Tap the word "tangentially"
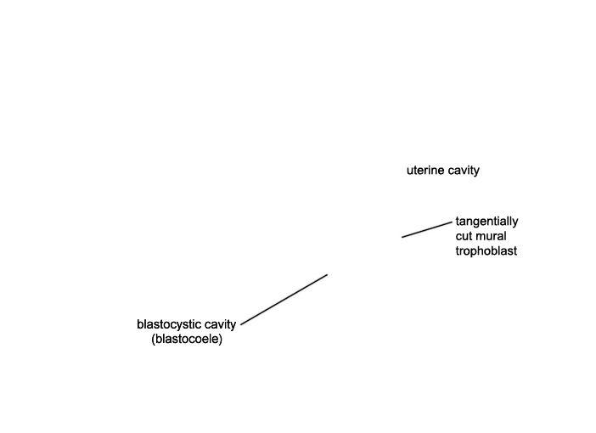pos(487,222)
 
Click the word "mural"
pos(490,236)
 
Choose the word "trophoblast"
pos(486,251)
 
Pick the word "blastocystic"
pos(169,324)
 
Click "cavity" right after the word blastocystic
pos(220,324)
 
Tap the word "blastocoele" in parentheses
pos(187,339)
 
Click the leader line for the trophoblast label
pos(427,229)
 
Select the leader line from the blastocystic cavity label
pos(284,300)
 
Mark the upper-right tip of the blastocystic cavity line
pos(327,274)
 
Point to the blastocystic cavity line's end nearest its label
pos(241,324)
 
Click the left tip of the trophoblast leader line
pos(402,237)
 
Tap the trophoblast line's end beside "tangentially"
pos(453,222)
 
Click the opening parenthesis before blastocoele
pos(153,339)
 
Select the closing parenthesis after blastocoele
pos(221,339)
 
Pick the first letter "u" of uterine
pos(410,171)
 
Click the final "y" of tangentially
pos(515,223)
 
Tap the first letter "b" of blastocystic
pos(140,324)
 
